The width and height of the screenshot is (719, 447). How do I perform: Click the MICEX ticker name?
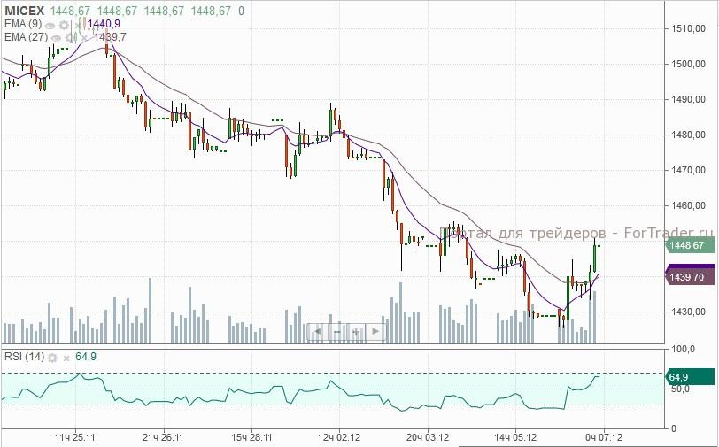23,10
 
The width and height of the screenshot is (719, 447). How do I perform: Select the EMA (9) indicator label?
21,23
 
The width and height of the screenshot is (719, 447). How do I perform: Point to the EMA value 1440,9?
104,23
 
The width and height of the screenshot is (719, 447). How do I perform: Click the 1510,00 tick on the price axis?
687,28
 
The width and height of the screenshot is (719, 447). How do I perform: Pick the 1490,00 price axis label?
687,99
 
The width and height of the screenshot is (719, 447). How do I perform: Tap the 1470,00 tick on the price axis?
687,170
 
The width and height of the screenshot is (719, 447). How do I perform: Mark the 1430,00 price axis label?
687,312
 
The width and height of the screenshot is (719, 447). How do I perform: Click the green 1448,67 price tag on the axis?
688,245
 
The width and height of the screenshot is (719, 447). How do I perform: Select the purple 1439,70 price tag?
688,277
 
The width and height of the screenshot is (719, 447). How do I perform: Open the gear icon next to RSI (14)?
52,357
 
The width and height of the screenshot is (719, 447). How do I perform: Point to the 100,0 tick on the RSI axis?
684,351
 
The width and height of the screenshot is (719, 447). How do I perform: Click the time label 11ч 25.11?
75,436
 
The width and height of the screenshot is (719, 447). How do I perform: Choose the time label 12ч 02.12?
340,436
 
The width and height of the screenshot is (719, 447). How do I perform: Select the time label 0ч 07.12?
603,436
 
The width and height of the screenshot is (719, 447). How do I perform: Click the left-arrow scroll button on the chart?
316,331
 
